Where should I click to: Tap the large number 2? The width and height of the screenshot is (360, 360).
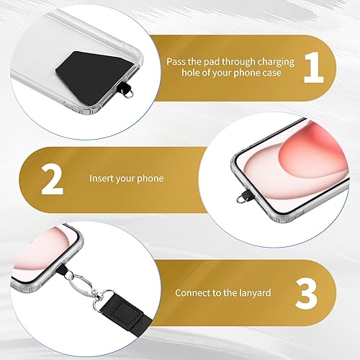pos(52,180)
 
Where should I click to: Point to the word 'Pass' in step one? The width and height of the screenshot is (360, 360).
pos(176,63)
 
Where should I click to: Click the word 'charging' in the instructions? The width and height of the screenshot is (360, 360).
pos(269,63)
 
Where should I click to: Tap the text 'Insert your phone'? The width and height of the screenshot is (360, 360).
pos(126,178)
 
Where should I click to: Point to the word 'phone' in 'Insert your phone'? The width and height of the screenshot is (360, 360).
pos(151,178)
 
